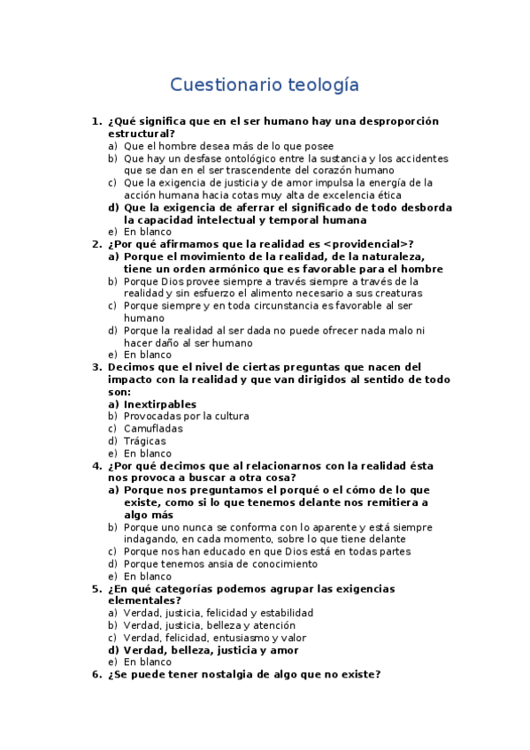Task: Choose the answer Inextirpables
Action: coord(160,404)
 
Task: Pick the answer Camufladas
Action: coord(153,428)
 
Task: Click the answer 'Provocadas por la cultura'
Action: coord(186,416)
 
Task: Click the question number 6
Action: coord(96,675)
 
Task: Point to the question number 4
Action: coord(96,465)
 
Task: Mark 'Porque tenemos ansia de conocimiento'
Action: coord(220,563)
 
